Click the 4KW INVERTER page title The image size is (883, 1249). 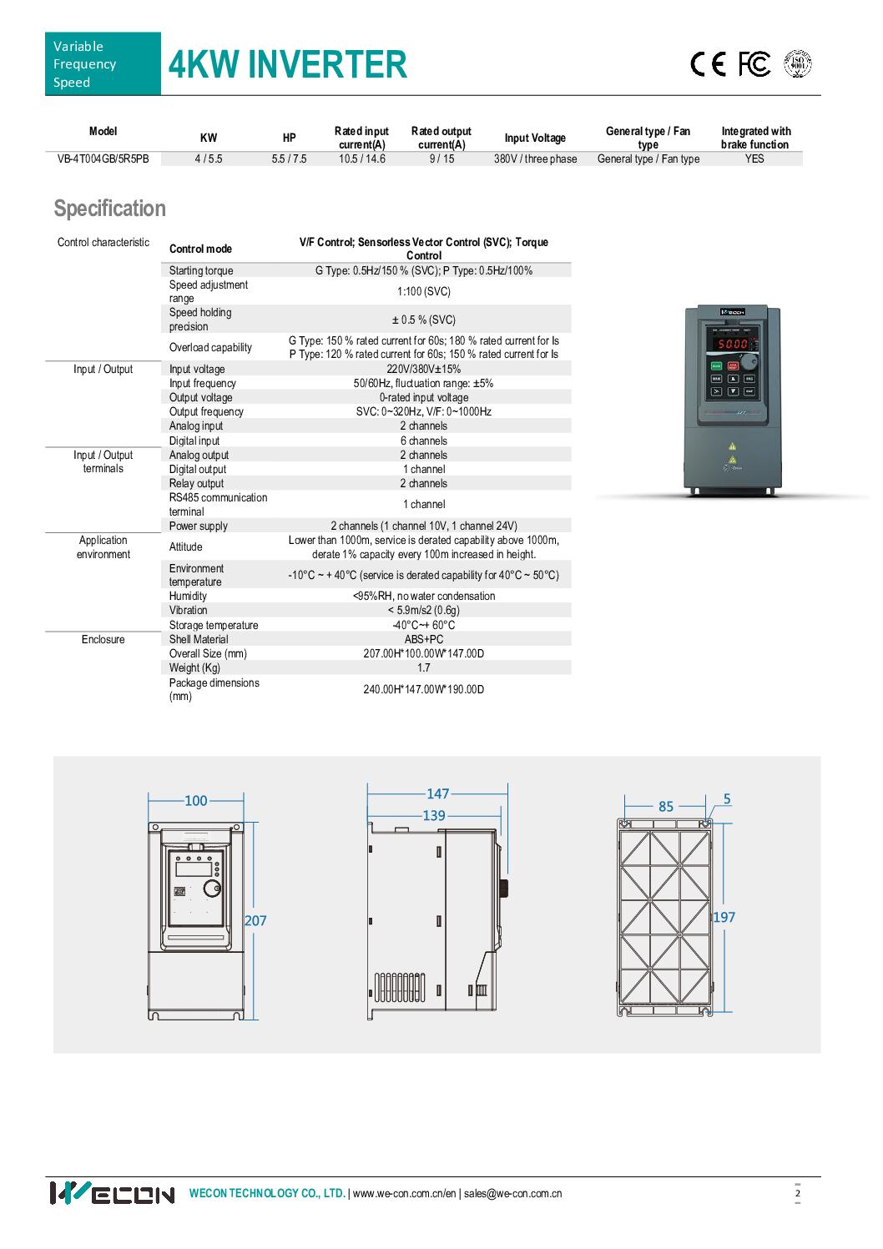coord(287,65)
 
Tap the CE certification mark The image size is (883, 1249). coord(709,64)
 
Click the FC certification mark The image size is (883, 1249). coord(754,64)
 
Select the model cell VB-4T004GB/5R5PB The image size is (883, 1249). coord(103,159)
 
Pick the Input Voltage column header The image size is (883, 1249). coord(535,138)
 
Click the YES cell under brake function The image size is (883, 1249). coord(754,159)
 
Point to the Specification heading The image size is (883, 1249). coord(109,209)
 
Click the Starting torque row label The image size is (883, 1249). coord(201,270)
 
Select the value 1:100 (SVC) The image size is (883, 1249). coord(423,291)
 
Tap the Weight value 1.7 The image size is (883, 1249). coord(423,667)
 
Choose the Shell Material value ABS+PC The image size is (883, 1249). coord(423,639)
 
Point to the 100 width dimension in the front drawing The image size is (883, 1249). coord(195,801)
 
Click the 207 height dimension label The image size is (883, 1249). coord(255,920)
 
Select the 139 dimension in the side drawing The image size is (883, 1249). coord(433,815)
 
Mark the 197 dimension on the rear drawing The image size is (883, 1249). coord(724,917)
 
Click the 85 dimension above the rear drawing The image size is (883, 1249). coord(666,806)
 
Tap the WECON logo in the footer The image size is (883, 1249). coord(112,1193)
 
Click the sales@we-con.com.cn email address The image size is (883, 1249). coord(512,1193)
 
